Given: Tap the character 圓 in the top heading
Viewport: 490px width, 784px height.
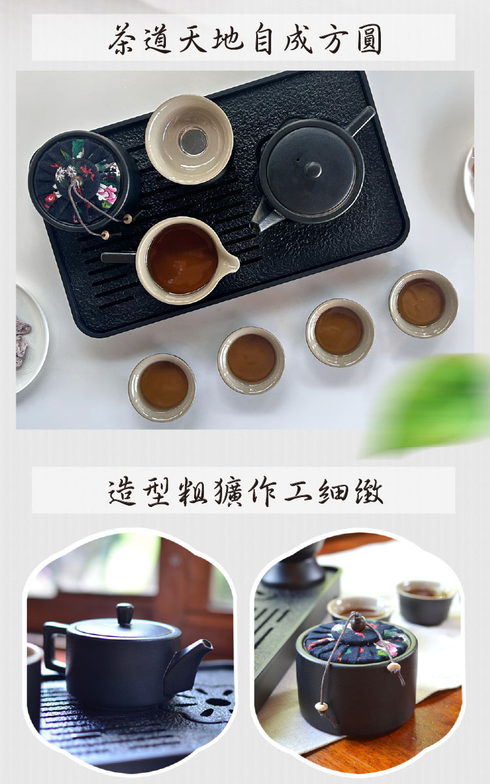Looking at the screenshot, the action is (369, 39).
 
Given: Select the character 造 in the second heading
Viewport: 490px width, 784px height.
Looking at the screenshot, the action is (122, 491).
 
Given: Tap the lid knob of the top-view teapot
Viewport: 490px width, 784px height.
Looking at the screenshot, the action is (313, 169).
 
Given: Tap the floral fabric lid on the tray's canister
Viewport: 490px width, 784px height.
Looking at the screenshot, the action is (80, 180).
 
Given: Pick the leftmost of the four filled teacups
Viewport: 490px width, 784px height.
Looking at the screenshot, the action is (162, 387).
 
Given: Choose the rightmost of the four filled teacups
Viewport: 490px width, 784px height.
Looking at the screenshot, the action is (423, 303).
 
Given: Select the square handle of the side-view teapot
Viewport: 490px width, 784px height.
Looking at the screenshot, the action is (55, 645).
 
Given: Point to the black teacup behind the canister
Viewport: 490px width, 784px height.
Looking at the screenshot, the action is (426, 602).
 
